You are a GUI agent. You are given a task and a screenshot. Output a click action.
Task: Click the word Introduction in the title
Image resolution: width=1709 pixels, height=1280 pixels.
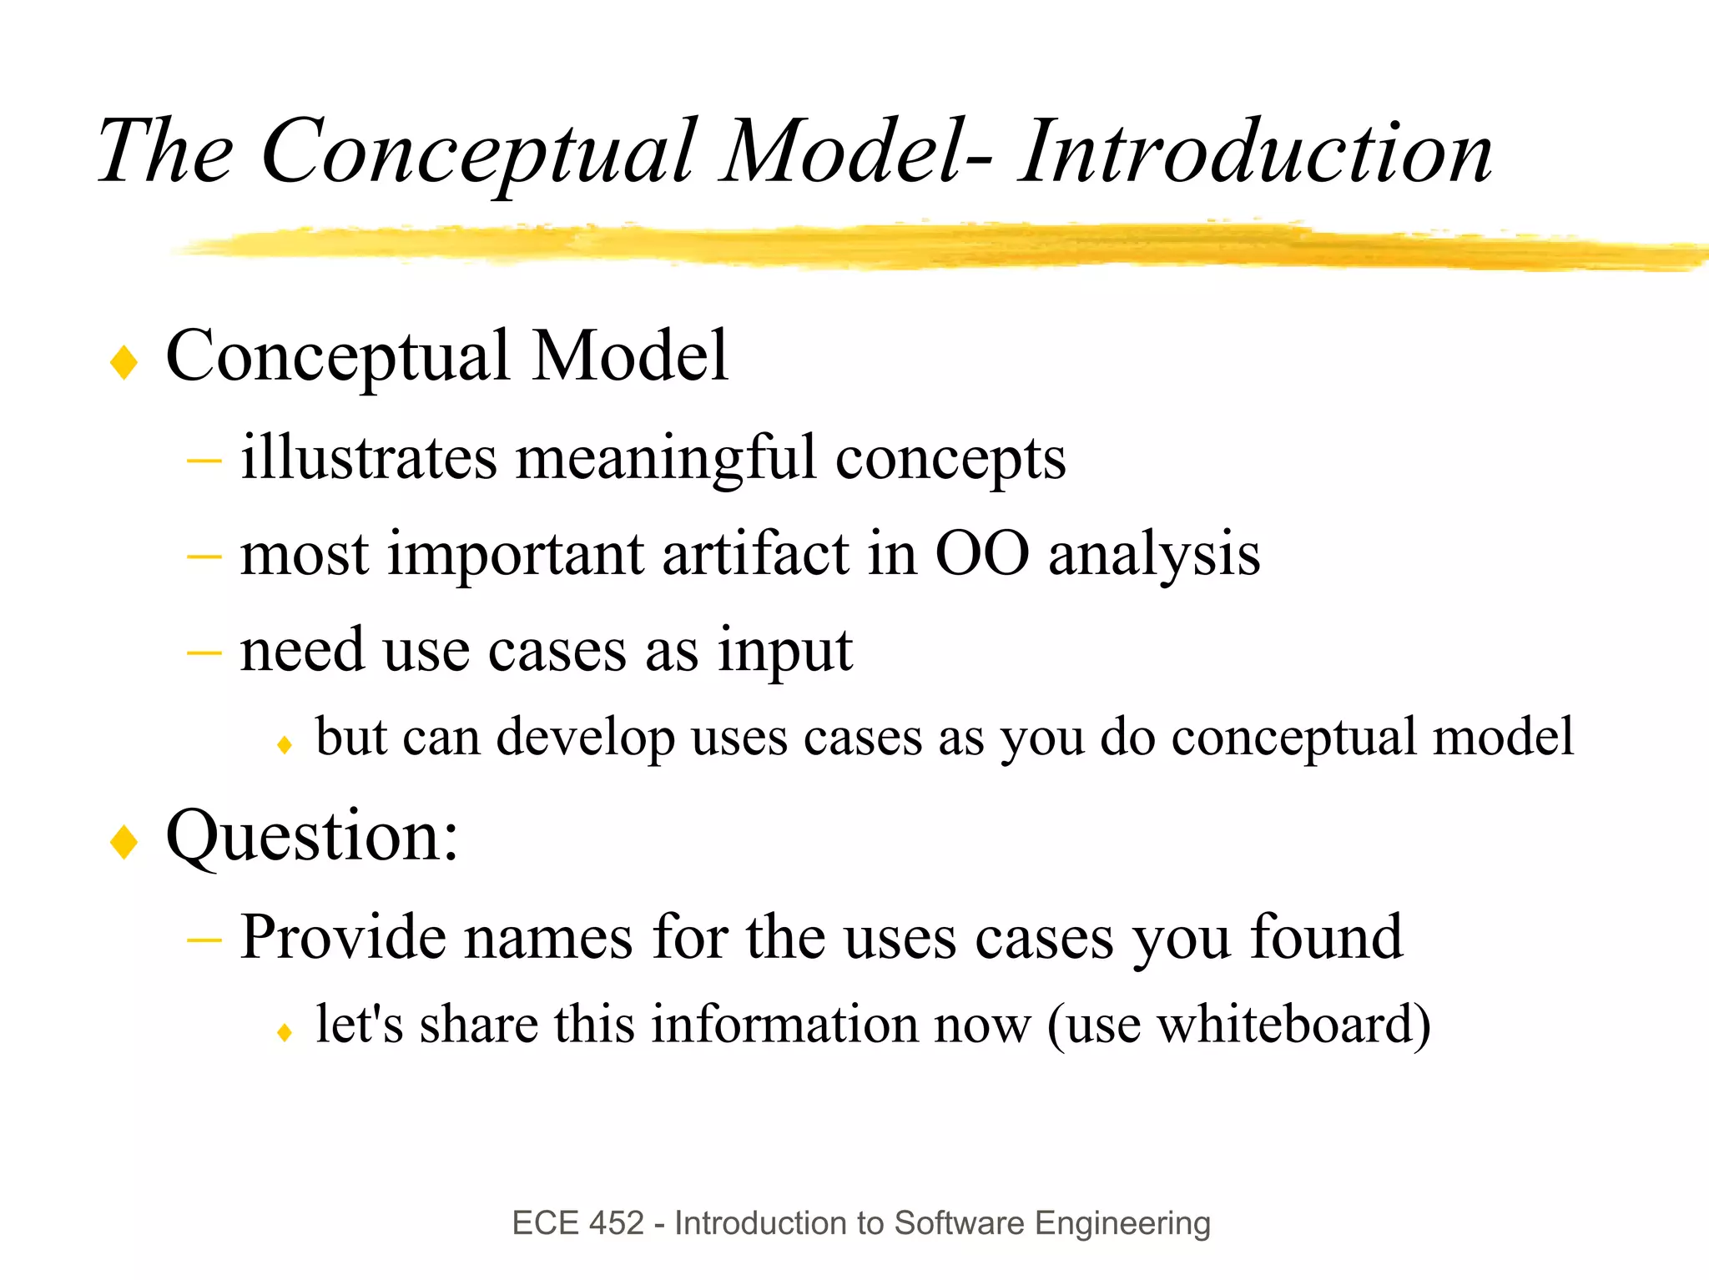1255,152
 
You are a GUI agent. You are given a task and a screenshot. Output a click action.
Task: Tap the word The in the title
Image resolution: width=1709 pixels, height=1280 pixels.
165,152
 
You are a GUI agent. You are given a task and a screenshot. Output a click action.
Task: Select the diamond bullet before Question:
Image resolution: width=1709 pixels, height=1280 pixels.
124,841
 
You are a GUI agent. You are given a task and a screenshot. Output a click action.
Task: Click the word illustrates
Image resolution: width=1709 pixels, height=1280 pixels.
369,458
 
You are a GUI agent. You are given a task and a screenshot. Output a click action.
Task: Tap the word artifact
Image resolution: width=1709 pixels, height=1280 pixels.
755,554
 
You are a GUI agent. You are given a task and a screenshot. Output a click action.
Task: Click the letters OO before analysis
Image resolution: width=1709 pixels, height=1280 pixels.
981,554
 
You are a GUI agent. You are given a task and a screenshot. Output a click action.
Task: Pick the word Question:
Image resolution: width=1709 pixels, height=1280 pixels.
312,836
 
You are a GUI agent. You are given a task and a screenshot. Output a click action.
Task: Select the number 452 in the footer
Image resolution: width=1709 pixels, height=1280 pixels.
617,1223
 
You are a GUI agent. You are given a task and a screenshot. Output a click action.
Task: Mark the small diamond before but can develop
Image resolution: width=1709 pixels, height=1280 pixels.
284,744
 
